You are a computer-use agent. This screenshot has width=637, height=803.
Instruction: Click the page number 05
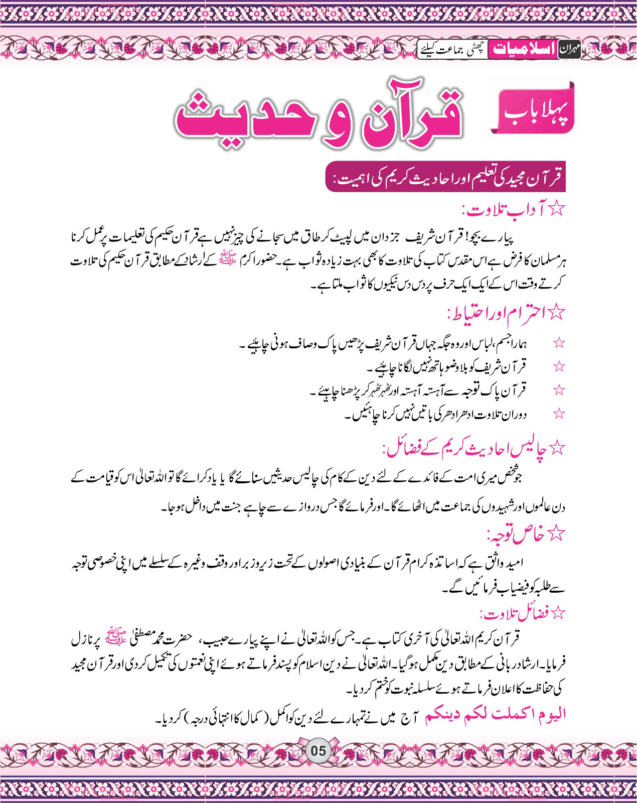pyautogui.click(x=318, y=751)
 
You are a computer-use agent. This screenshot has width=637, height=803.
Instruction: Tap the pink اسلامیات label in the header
pyautogui.click(x=524, y=49)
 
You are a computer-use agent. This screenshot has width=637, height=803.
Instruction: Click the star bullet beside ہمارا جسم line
pyautogui.click(x=559, y=343)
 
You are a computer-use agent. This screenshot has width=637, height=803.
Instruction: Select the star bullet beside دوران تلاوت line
pyautogui.click(x=559, y=414)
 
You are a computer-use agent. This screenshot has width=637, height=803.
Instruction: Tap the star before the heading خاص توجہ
pyautogui.click(x=557, y=534)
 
